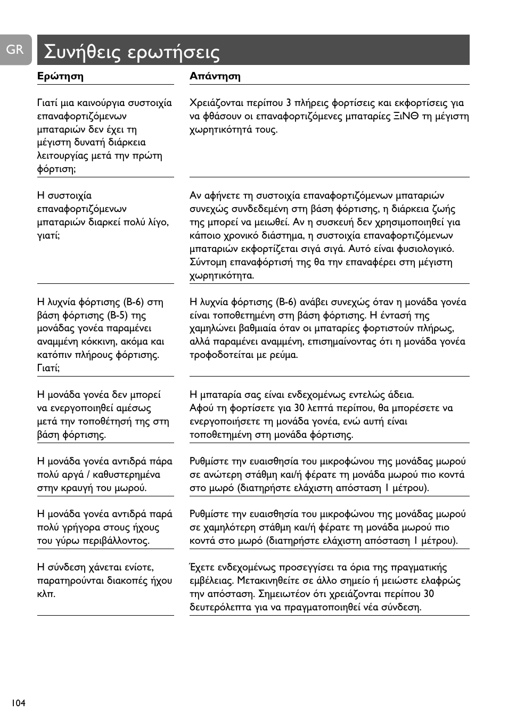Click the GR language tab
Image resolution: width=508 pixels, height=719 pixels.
coord(15,50)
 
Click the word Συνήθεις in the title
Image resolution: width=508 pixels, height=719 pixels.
coord(82,52)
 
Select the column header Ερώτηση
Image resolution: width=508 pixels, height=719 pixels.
coord(60,76)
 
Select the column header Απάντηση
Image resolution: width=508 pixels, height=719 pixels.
coord(215,76)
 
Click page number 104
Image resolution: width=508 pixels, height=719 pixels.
coord(18,703)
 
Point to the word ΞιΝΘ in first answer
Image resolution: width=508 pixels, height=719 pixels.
coord(406,116)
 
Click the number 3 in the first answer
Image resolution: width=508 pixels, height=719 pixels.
coord(288,103)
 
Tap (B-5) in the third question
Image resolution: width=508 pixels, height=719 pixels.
coord(117,315)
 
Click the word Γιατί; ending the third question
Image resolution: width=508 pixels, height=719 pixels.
coord(48,368)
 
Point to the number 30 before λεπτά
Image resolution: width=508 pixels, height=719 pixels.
coord(299,408)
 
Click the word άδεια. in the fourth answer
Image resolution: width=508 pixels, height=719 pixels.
coord(400,395)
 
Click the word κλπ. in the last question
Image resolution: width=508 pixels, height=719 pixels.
coord(46,594)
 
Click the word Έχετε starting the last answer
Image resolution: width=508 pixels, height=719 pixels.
coord(203,567)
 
